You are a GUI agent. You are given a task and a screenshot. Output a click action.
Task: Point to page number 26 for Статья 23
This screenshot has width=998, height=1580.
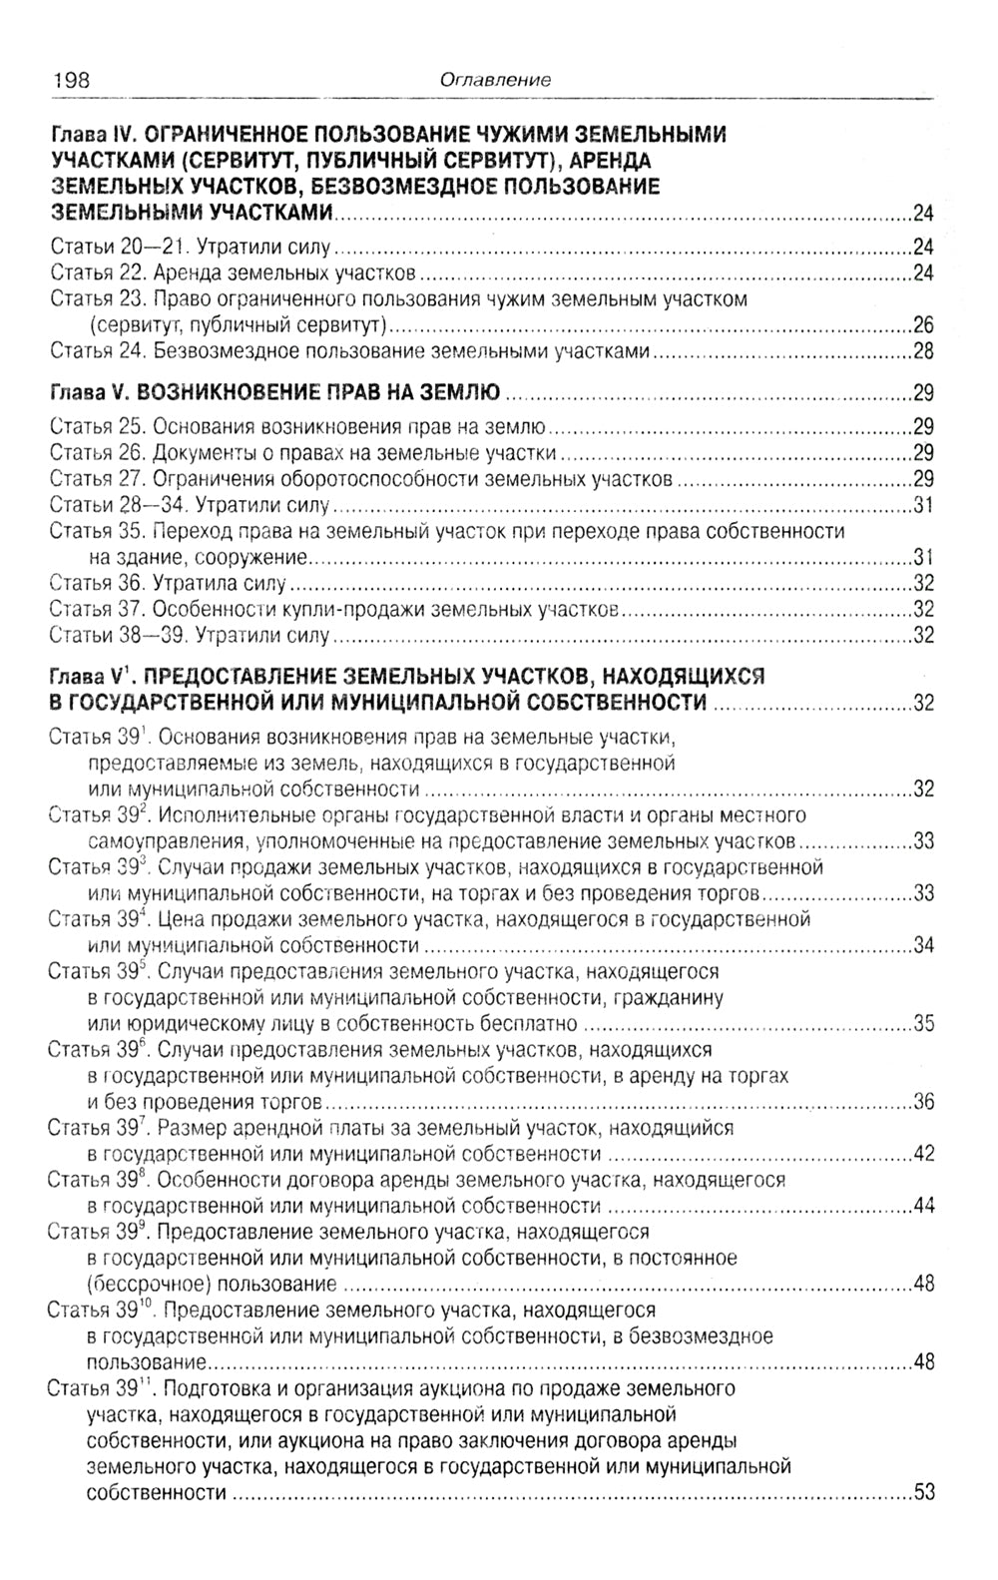click(923, 324)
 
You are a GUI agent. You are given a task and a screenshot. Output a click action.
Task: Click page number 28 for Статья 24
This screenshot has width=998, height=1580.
click(923, 350)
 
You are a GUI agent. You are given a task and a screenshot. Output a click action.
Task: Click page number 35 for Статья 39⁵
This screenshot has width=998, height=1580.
click(923, 1023)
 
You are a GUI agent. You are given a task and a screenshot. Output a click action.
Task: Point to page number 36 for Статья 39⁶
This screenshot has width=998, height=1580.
click(923, 1102)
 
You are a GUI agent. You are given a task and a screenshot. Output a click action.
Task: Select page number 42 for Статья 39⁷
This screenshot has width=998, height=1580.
click(923, 1154)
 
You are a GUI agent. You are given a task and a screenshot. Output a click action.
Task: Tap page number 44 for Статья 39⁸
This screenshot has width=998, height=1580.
click(923, 1206)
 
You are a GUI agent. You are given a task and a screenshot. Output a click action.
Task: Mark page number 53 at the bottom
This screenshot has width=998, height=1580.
click(923, 1493)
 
